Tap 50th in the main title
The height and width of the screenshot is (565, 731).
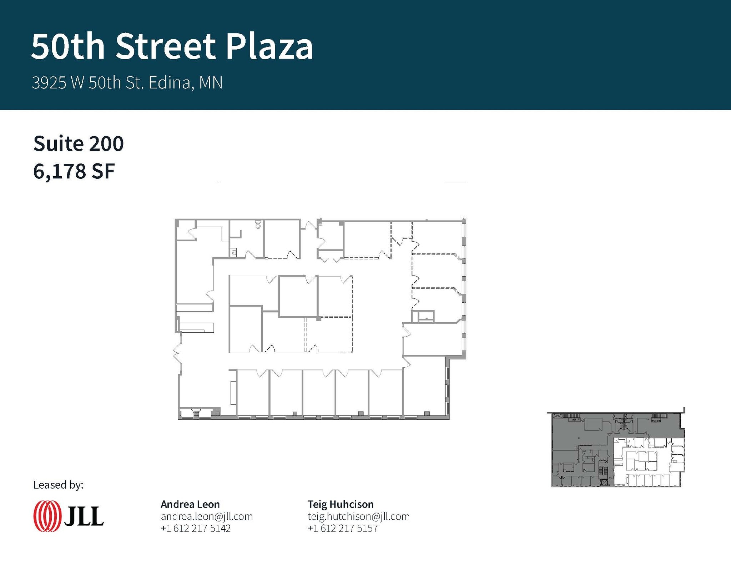pyautogui.click(x=68, y=46)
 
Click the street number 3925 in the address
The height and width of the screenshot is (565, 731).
pyautogui.click(x=49, y=83)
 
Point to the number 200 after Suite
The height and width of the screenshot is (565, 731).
pyautogui.click(x=106, y=143)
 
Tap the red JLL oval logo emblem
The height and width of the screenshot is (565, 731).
pyautogui.click(x=47, y=516)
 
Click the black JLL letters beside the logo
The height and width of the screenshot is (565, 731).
pyautogui.click(x=84, y=516)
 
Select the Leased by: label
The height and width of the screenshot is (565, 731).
pyautogui.click(x=58, y=485)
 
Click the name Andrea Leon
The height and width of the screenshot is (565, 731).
pyautogui.click(x=190, y=504)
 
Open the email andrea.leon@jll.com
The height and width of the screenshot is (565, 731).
pyautogui.click(x=207, y=516)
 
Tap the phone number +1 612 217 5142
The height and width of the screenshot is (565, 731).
pyautogui.click(x=196, y=528)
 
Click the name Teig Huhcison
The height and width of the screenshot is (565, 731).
pyautogui.click(x=341, y=504)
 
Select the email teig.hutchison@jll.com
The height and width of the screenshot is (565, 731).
pyautogui.click(x=358, y=516)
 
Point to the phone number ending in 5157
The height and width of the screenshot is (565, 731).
pyautogui.click(x=343, y=528)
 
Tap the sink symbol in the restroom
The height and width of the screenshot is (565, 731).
pyautogui.click(x=234, y=253)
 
